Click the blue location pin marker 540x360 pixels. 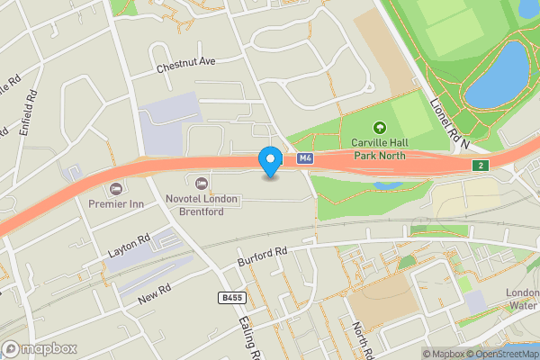[269, 161]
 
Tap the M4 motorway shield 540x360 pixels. [305, 158]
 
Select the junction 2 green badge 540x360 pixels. [482, 166]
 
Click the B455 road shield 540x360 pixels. [230, 296]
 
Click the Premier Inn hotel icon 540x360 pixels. [115, 188]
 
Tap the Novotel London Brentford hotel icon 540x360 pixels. [188, 184]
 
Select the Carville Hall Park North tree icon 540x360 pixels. [379, 129]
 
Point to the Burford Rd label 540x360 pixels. [261, 256]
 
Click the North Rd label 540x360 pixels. [361, 337]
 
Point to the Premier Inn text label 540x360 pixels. [116, 204]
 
